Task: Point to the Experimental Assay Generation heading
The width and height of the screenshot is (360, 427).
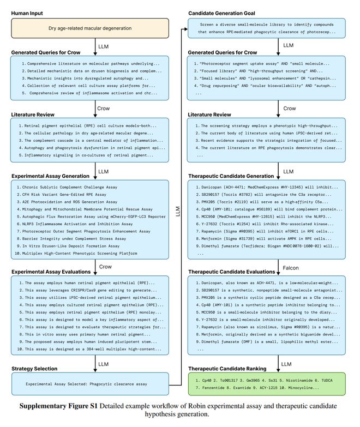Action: pos(50,176)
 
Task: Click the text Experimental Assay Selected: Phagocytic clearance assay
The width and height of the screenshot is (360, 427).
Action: pos(87,384)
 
